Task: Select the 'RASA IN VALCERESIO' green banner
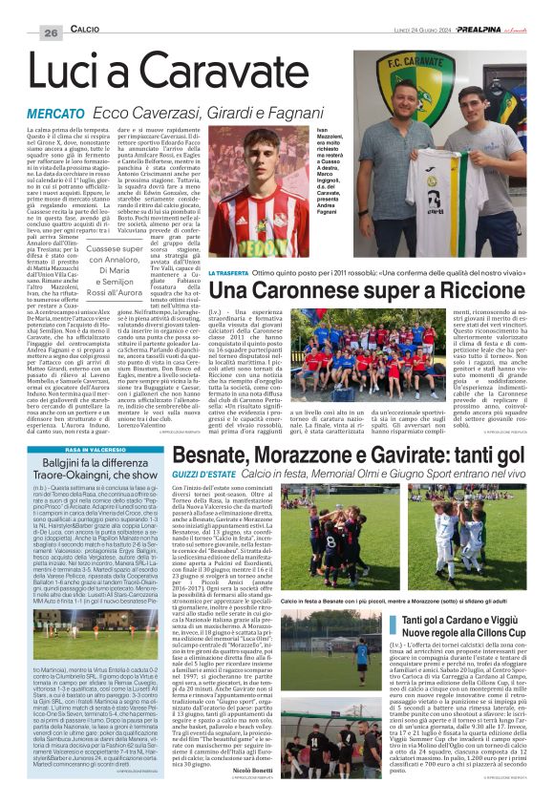tap(84, 423)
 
